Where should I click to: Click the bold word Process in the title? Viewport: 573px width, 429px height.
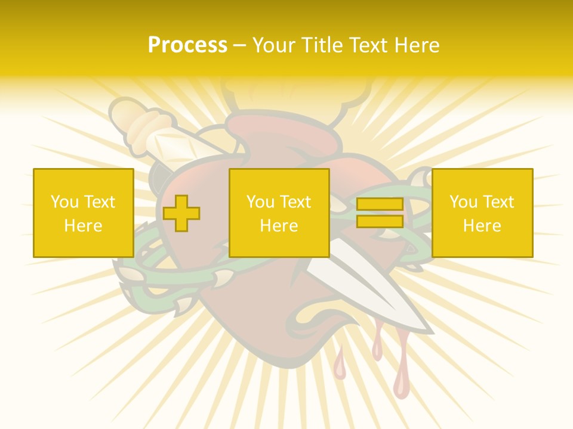pyautogui.click(x=187, y=45)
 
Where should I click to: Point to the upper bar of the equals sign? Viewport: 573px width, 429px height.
pyautogui.click(x=380, y=204)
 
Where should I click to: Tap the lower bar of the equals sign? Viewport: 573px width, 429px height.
pyautogui.click(x=380, y=222)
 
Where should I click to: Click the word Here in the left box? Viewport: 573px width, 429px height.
pyautogui.click(x=83, y=226)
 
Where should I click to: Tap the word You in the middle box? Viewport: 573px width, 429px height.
pyautogui.click(x=260, y=202)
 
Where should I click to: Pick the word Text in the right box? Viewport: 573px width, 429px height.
pyautogui.click(x=500, y=202)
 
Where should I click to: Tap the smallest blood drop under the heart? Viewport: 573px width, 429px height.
pyautogui.click(x=340, y=369)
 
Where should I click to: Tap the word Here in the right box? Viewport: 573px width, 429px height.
pyautogui.click(x=482, y=226)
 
